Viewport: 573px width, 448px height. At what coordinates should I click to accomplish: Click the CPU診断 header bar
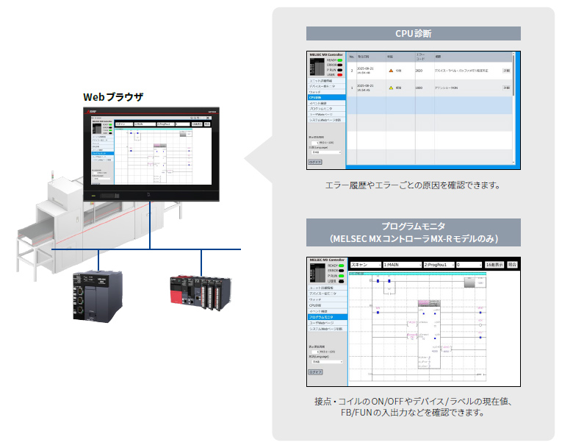pyautogui.click(x=413, y=33)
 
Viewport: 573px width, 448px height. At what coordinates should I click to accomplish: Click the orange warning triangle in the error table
pyautogui.click(x=392, y=71)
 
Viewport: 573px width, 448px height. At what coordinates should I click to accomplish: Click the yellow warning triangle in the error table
pyautogui.click(x=392, y=88)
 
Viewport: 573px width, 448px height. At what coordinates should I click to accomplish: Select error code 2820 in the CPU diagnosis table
pyautogui.click(x=418, y=71)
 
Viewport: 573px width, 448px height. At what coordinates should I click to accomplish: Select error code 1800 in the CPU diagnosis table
pyautogui.click(x=418, y=88)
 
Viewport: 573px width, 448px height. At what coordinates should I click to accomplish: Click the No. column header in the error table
pyautogui.click(x=352, y=56)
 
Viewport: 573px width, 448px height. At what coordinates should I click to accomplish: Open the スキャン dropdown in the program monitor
pyautogui.click(x=365, y=263)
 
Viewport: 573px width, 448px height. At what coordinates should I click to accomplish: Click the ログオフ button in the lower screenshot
pyautogui.click(x=315, y=372)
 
